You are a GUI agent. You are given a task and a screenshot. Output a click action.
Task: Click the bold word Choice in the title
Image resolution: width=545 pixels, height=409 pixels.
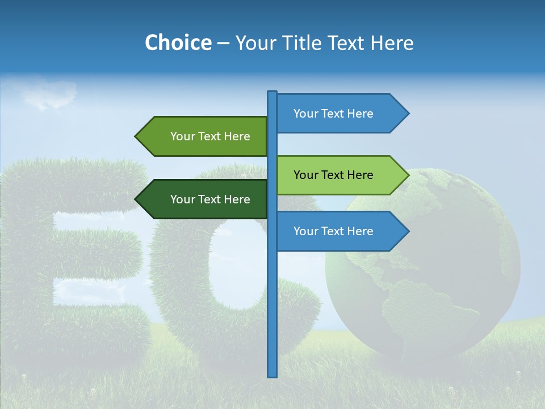pyautogui.click(x=178, y=43)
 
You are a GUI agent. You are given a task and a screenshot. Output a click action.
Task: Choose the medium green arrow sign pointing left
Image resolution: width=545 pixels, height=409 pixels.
pyautogui.click(x=204, y=136)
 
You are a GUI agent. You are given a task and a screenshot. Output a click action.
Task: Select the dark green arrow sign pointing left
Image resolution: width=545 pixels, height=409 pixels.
pyautogui.click(x=204, y=199)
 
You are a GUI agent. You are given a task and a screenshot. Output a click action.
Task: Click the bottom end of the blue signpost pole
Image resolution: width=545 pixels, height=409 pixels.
pyautogui.click(x=272, y=374)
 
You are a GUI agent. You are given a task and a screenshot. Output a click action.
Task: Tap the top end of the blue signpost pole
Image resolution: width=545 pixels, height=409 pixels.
pyautogui.click(x=272, y=93)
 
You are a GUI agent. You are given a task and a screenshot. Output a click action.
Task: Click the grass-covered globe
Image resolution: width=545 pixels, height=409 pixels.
pyautogui.click(x=431, y=273)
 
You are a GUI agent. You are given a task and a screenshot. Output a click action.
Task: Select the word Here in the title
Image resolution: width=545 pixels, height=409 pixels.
pyautogui.click(x=392, y=43)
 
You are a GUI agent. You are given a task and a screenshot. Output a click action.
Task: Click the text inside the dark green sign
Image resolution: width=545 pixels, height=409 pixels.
pyautogui.click(x=210, y=199)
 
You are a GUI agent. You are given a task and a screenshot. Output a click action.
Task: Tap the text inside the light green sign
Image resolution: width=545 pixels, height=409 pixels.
pyautogui.click(x=333, y=175)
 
